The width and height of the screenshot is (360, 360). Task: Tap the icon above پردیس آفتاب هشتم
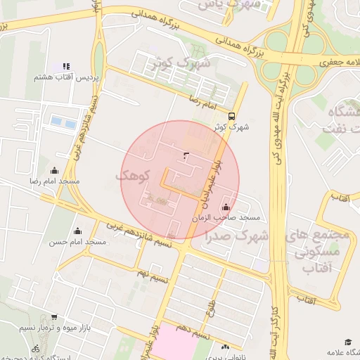coord(67,66)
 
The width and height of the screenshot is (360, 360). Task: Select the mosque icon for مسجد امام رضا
coord(55,170)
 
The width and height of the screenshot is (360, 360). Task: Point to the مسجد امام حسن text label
coord(77,242)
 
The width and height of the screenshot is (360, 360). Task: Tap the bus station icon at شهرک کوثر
coord(232,117)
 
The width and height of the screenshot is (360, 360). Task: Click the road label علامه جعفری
coord(336,62)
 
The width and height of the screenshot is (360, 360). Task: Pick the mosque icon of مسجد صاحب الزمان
coord(225,207)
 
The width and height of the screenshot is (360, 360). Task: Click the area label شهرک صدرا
coord(238,235)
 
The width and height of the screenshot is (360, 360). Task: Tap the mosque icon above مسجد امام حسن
coord(77,231)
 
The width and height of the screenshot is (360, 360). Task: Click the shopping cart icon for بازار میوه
coord(54,317)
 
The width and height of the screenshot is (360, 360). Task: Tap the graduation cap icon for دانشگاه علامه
coord(348,341)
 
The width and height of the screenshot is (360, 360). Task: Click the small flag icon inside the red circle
coord(186,155)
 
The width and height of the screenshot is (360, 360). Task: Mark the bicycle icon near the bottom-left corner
coord(35,348)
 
